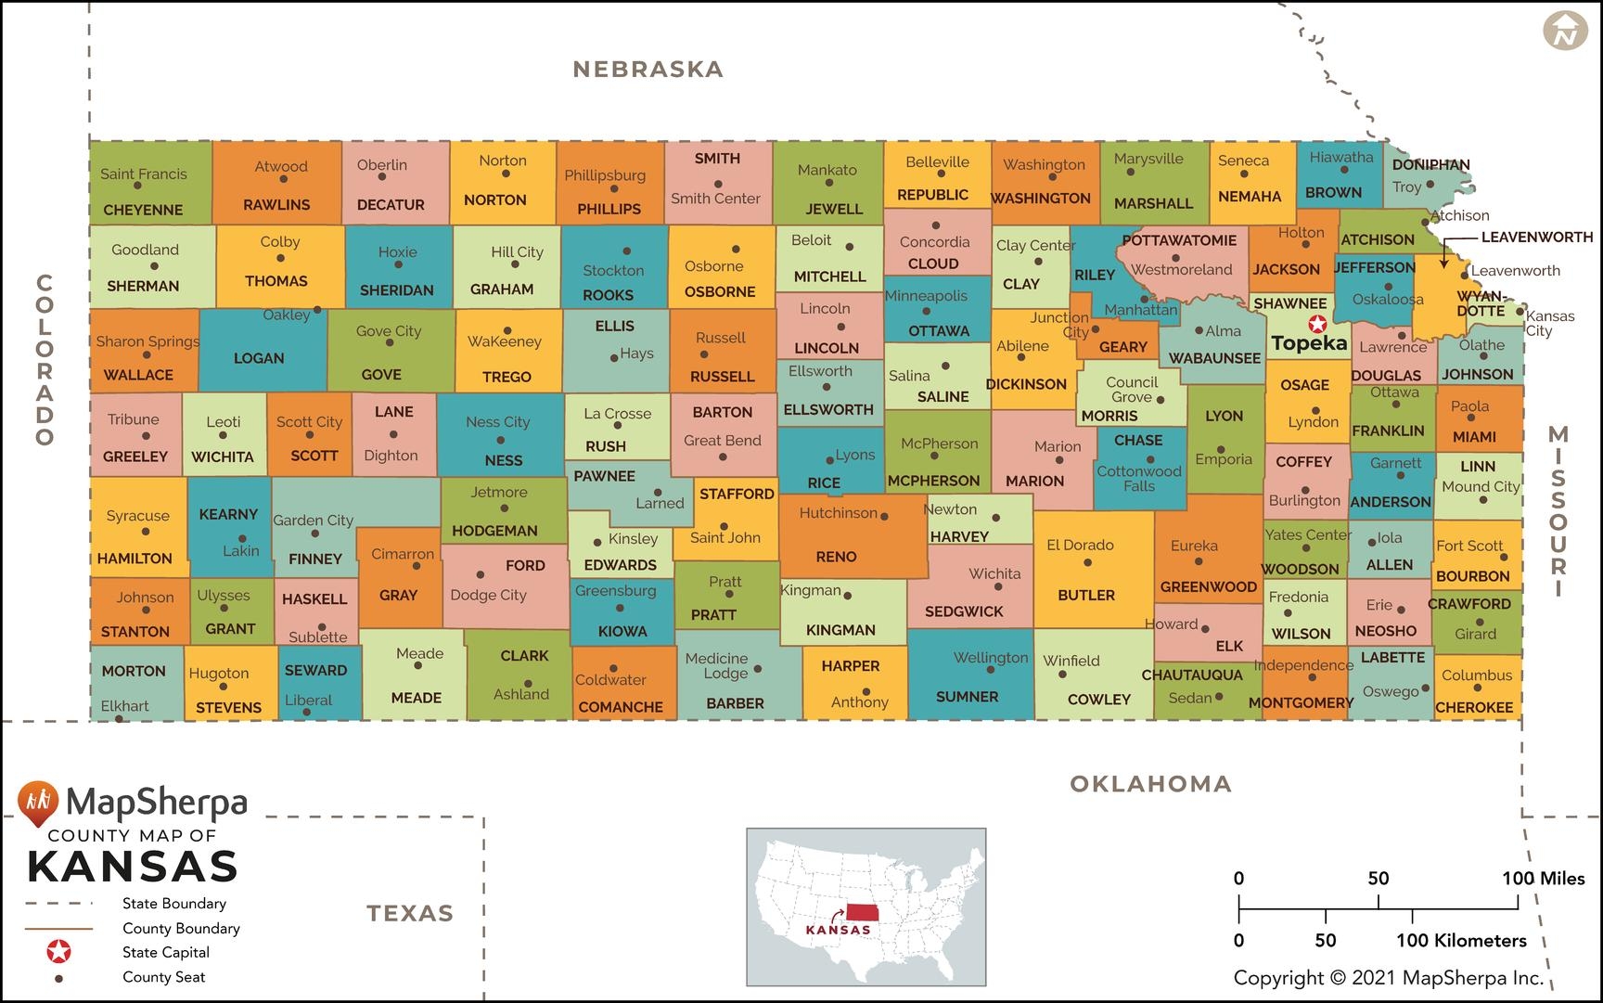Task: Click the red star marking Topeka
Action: click(x=1315, y=324)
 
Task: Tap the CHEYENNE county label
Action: click(x=143, y=210)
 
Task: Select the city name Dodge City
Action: click(x=488, y=595)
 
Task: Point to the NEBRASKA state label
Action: click(x=648, y=69)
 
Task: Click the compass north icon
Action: click(x=1565, y=31)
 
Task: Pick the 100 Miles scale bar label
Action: click(x=1543, y=878)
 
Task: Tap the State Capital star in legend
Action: click(x=58, y=952)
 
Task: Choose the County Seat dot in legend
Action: click(x=58, y=978)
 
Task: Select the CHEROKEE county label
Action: click(x=1474, y=707)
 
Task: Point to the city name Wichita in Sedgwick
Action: click(x=994, y=573)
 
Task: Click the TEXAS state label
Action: click(x=410, y=913)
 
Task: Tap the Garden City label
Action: click(x=313, y=521)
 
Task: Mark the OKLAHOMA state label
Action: click(x=1150, y=784)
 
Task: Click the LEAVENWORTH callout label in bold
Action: click(x=1536, y=237)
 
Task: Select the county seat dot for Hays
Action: click(x=613, y=358)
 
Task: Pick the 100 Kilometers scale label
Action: click(x=1461, y=940)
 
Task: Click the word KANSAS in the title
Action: click(x=133, y=867)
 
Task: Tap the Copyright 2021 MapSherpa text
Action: click(x=1388, y=977)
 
